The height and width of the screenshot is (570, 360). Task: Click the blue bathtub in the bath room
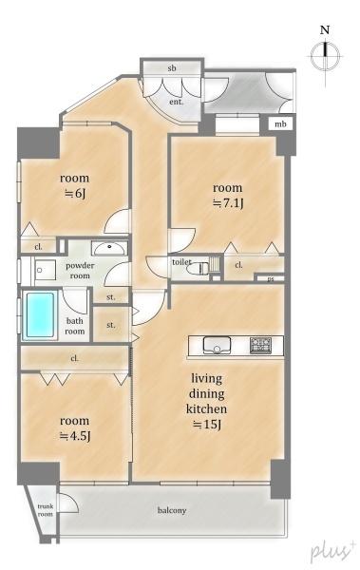tap(40, 314)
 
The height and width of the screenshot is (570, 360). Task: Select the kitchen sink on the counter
tap(217, 345)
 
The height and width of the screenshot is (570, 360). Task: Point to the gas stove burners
tap(260, 345)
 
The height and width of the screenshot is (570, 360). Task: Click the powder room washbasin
tap(109, 248)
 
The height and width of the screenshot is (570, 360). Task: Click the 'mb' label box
tap(280, 124)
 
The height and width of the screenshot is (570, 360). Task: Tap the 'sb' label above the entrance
tap(172, 68)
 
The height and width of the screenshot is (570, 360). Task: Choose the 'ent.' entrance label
tap(177, 102)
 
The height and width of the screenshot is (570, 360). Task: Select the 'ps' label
tap(270, 279)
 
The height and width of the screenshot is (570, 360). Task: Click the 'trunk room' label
tap(46, 510)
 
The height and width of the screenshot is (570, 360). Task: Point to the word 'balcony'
tap(172, 511)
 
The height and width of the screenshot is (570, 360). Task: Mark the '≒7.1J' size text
tap(228, 203)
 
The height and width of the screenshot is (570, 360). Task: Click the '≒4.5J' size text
tap(75, 435)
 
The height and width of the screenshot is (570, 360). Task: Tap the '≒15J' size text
tap(207, 425)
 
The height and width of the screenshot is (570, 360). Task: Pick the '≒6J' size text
tap(75, 194)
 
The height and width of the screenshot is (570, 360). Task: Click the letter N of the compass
tap(325, 29)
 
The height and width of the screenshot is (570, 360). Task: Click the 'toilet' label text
tap(181, 262)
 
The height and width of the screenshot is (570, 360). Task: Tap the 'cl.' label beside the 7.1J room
tap(239, 265)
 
